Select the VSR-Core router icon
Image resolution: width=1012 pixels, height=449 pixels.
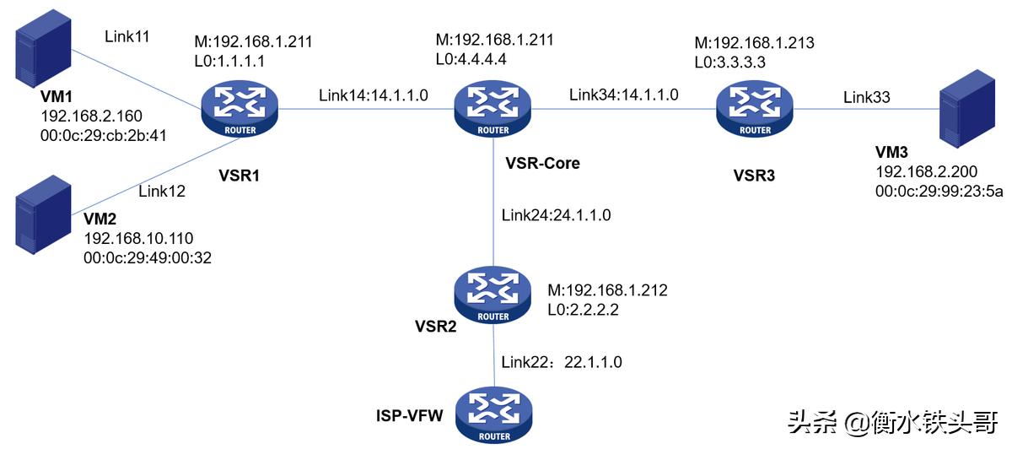pos(493,109)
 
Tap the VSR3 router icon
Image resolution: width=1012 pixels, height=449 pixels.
pos(754,109)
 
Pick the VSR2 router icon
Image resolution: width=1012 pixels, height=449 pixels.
pos(493,295)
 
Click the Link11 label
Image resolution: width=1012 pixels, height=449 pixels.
pos(128,36)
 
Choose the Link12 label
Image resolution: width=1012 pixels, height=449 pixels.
pos(162,191)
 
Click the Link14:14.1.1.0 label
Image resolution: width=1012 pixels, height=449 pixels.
pos(373,95)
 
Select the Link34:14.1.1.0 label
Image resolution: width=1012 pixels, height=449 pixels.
pos(623,95)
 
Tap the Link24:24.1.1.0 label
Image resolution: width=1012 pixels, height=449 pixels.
pos(556,215)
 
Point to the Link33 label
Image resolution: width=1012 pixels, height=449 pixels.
pos(866,98)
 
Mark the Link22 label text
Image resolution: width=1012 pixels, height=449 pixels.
pos(525,361)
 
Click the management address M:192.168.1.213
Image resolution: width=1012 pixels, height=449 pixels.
pos(753,43)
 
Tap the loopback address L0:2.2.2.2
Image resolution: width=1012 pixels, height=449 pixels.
pos(584,310)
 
